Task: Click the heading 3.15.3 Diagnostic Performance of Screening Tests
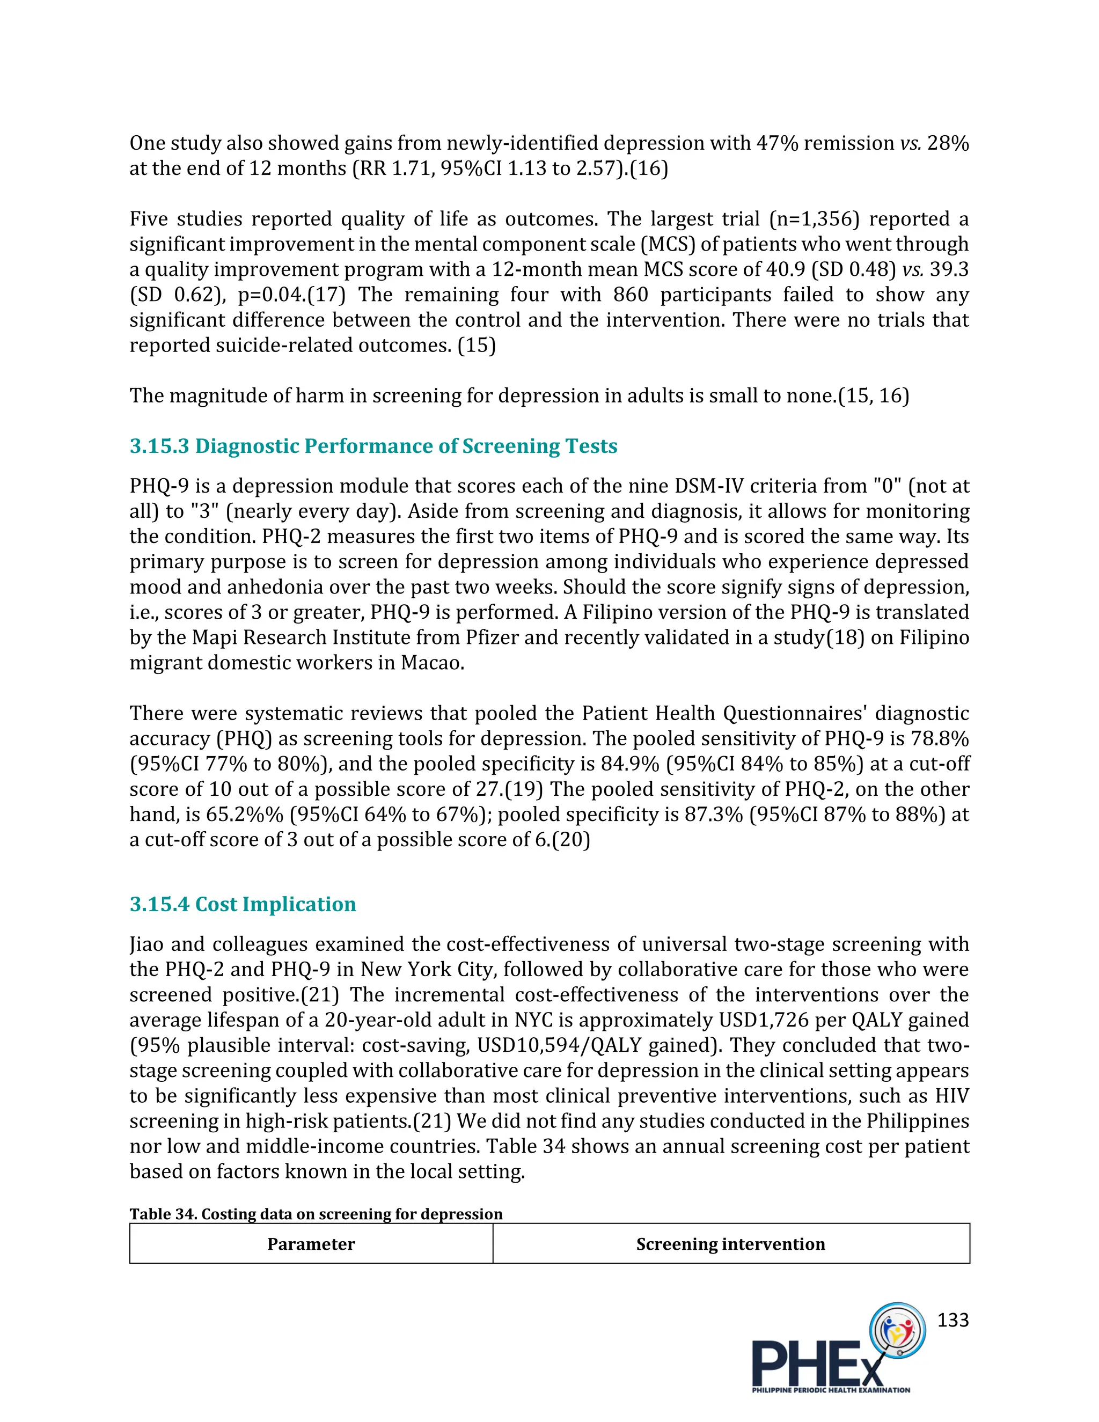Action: coord(373,446)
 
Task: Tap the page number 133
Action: coord(953,1320)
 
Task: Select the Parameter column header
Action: coord(311,1244)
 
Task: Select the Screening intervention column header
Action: coord(730,1244)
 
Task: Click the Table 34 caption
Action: coord(316,1214)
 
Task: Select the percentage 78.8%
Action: coord(940,738)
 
